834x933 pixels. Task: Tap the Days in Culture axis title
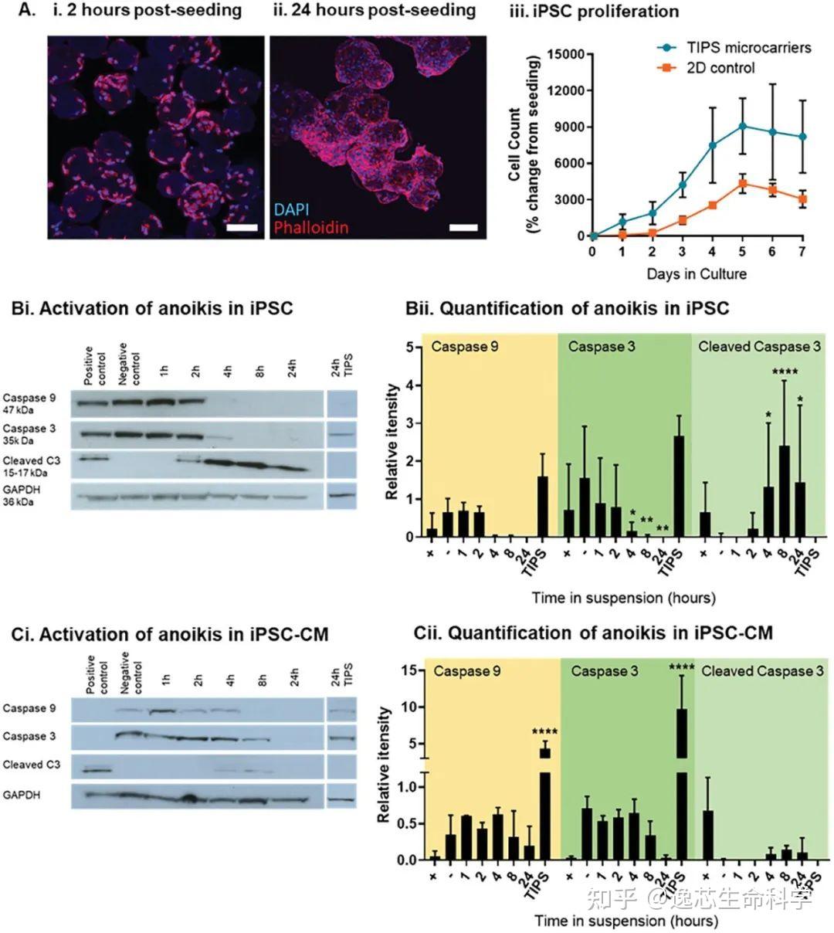pos(697,273)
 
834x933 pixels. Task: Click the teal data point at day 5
pos(742,126)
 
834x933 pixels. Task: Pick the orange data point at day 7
pos(802,198)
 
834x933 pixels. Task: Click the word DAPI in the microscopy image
pos(291,209)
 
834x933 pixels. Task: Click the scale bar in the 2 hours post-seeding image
pos(242,227)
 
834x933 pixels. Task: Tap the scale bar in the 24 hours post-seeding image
pos(463,227)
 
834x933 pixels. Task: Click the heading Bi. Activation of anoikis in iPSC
pos(152,308)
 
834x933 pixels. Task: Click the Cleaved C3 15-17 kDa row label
pos(33,466)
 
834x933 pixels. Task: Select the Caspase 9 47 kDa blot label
pos(29,404)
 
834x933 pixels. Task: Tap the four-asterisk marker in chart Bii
pos(784,372)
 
